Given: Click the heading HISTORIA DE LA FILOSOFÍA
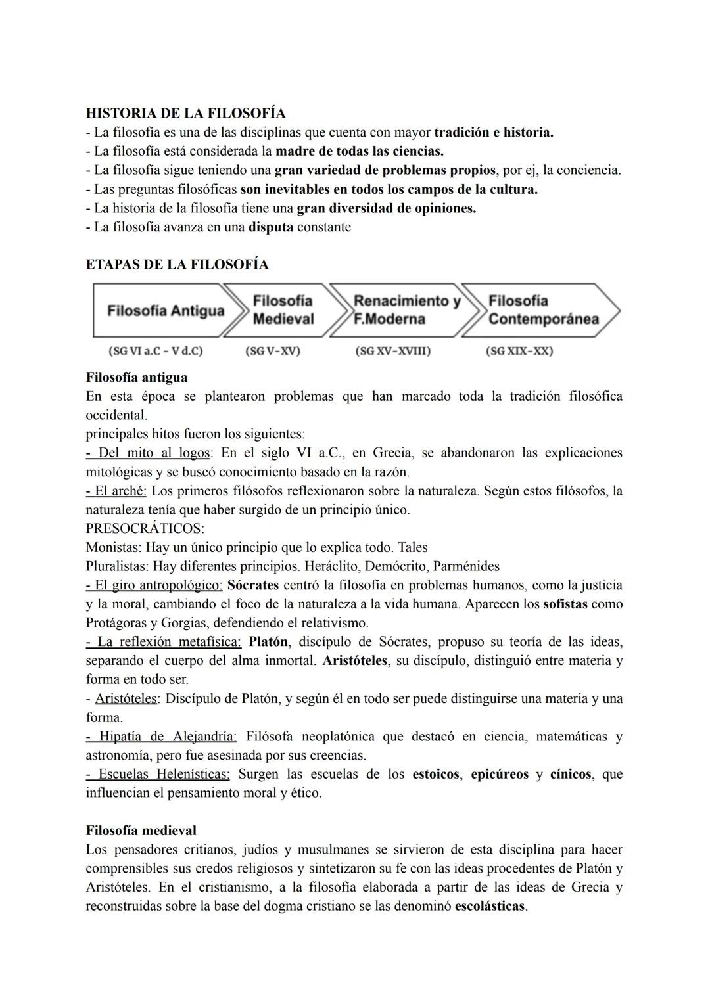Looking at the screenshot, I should [185, 113].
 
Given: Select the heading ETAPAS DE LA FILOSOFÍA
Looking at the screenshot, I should [177, 265].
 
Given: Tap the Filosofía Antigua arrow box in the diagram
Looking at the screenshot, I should [165, 310].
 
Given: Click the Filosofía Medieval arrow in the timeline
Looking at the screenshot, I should [283, 310].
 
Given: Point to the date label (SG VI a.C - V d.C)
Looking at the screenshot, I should [156, 351].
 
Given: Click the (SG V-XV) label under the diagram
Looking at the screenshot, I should [272, 351].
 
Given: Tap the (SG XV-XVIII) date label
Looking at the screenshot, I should [392, 351].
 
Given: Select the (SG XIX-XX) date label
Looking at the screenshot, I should [519, 351].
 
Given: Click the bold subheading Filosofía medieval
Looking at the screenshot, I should [141, 831].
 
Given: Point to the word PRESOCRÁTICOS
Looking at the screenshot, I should [145, 528].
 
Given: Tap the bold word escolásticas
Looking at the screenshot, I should [490, 906].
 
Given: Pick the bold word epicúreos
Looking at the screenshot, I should [500, 774].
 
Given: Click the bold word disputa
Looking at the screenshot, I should [271, 227].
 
